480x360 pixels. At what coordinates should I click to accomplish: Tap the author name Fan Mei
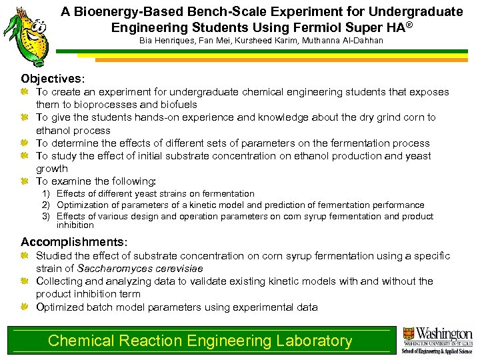click(205, 41)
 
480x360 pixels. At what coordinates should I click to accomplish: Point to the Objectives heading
click(53, 79)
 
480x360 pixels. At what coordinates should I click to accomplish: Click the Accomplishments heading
click(73, 242)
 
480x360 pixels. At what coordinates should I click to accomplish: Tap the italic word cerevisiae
click(179, 268)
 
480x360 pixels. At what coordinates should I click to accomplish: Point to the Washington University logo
click(437, 339)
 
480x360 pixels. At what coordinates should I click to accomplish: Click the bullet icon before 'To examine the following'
click(25, 181)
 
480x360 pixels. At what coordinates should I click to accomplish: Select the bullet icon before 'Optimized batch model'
click(25, 307)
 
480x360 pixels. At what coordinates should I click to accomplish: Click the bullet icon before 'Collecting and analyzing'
click(25, 281)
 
